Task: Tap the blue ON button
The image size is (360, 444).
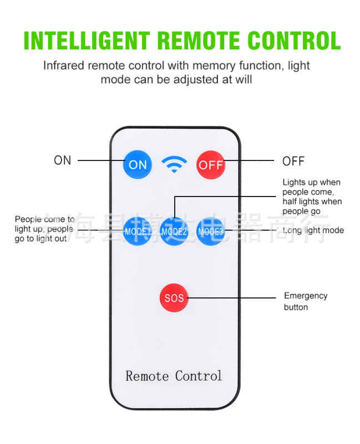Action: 138,164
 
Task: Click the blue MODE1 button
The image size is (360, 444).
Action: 138,231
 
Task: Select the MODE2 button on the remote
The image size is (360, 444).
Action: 174,231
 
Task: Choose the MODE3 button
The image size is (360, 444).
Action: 210,231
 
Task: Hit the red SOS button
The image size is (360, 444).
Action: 174,298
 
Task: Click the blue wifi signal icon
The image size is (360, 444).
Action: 174,164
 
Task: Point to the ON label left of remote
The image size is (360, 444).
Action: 63,160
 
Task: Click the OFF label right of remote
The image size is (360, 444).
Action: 293,162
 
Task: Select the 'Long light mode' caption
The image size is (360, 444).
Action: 313,230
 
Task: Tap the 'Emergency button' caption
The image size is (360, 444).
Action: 306,301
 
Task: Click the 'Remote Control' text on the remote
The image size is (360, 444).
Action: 174,376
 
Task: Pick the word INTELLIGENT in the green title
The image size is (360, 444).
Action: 87,41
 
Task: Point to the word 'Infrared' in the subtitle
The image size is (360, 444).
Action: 64,65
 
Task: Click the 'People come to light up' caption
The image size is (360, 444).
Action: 44,229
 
